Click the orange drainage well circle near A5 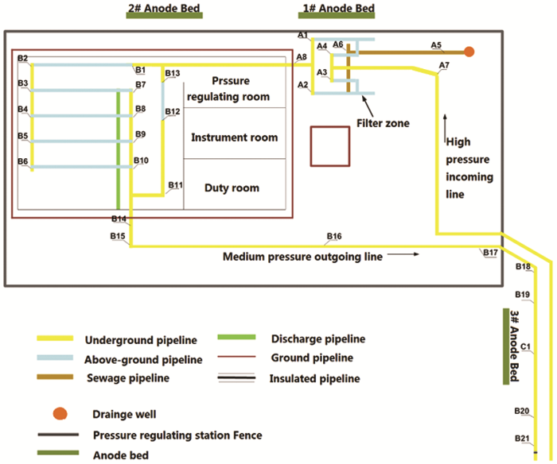469,52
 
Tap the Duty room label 232,188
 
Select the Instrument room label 235,137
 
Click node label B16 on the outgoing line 334,237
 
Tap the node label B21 522,439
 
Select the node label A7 444,64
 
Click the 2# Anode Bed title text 164,10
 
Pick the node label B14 119,218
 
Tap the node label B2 22,58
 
